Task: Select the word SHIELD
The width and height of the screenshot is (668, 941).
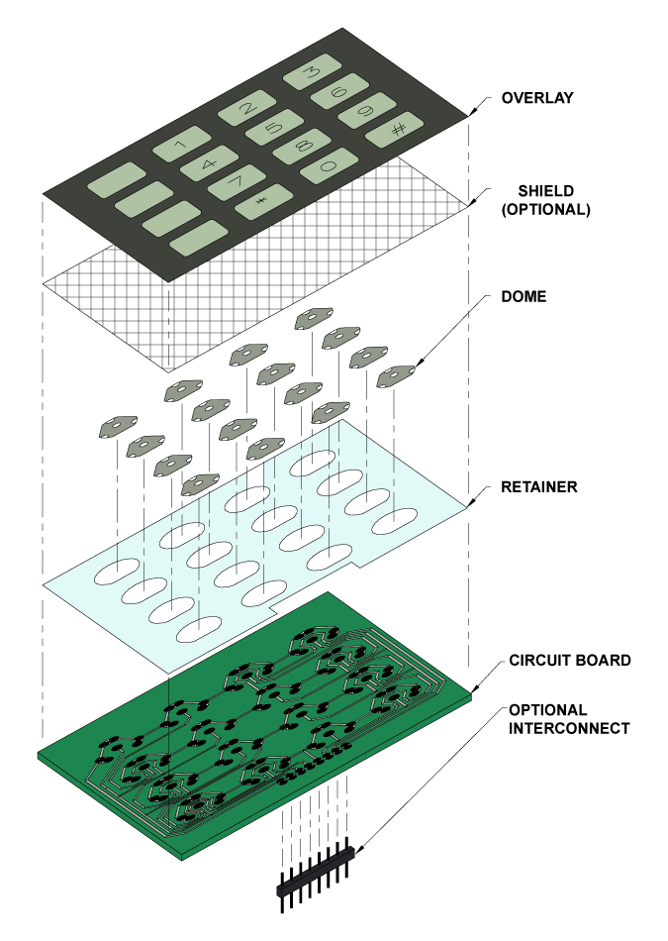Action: (547, 190)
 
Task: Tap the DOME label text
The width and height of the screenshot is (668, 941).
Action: (524, 296)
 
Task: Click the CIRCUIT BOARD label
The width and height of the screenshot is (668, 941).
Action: (569, 660)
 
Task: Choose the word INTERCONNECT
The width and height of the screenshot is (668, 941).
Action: (568, 728)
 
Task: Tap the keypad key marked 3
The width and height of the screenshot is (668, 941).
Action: (309, 73)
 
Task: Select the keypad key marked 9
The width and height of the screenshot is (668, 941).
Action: (364, 111)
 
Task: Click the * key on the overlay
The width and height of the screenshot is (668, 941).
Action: (260, 202)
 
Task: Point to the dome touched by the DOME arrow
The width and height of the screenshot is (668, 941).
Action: (397, 373)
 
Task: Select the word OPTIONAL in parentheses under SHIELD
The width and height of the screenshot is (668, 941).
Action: (546, 210)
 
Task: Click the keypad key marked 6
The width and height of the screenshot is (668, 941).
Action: (336, 92)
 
